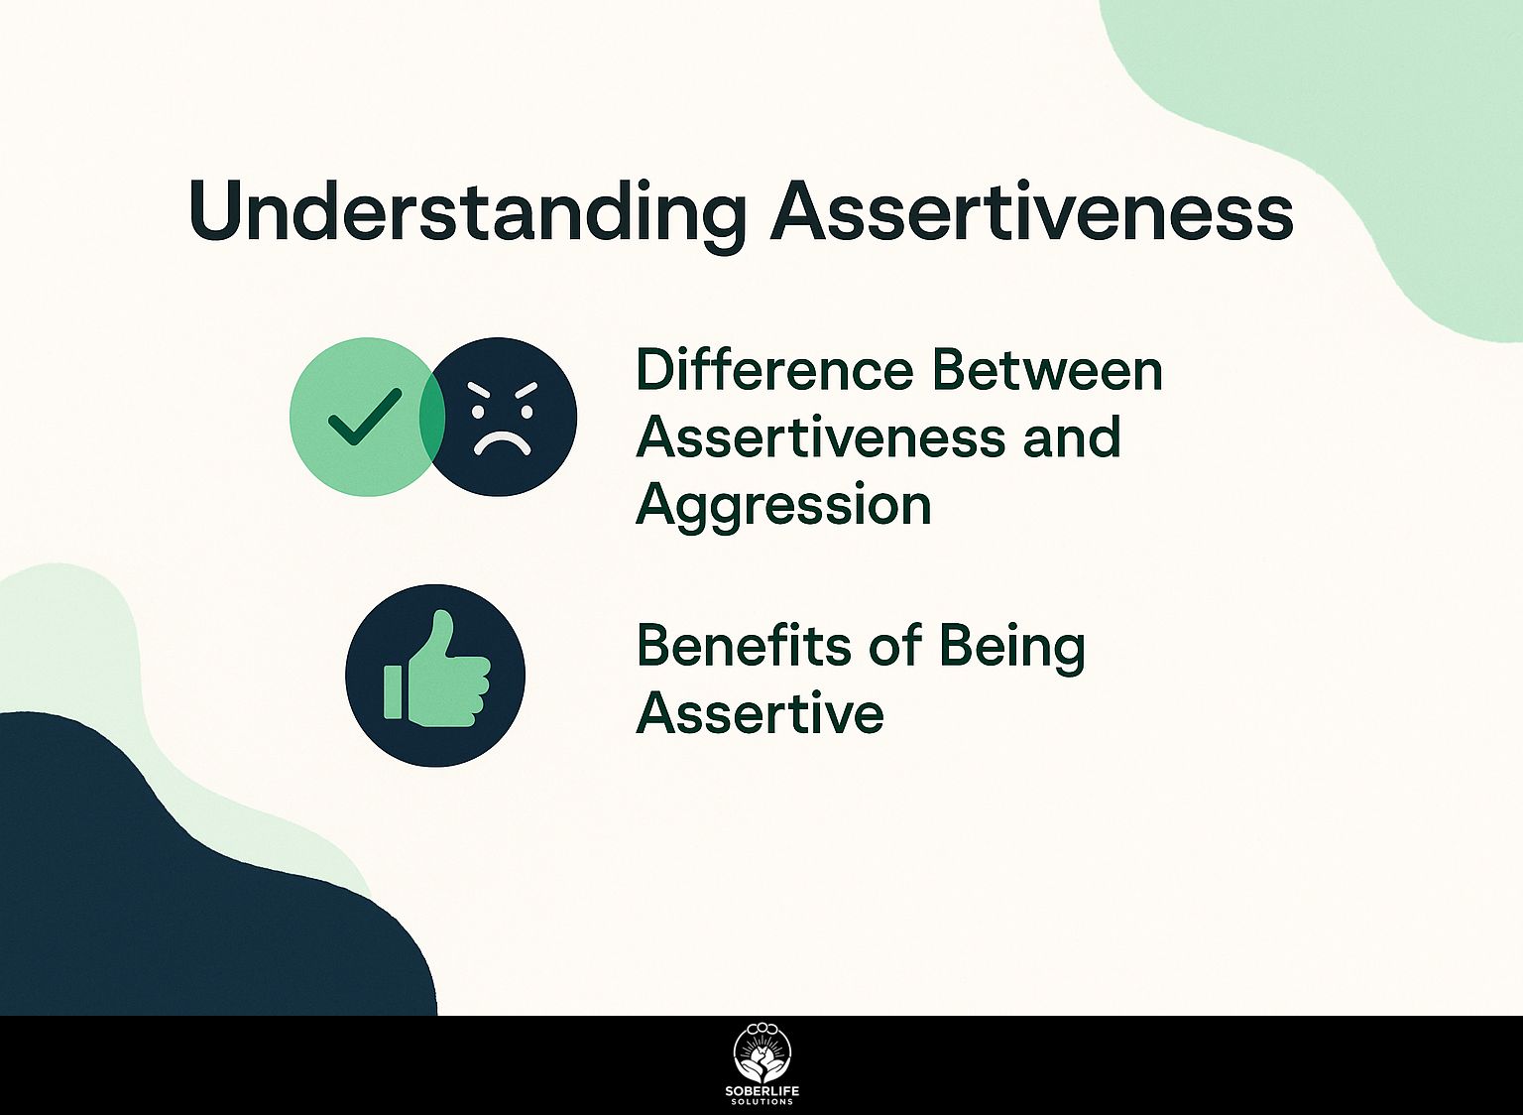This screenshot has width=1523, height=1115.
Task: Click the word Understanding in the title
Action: (466, 211)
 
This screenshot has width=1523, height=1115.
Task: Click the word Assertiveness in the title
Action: (1031, 211)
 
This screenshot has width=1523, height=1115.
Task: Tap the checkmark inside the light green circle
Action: (364, 417)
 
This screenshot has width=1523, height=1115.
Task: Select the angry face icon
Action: (506, 417)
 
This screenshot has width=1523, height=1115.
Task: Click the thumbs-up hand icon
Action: (435, 675)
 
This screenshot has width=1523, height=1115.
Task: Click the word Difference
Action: (773, 370)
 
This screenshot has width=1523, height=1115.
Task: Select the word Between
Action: (1047, 370)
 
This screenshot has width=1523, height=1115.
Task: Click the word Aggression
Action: (783, 506)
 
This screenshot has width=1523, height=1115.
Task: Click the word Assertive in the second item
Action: (760, 712)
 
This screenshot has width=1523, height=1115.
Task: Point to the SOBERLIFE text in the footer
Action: (761, 1091)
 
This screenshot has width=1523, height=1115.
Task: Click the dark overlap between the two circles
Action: (432, 417)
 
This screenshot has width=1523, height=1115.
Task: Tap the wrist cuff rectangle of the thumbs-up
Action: (393, 691)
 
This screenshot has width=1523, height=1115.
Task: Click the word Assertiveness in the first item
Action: (820, 437)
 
